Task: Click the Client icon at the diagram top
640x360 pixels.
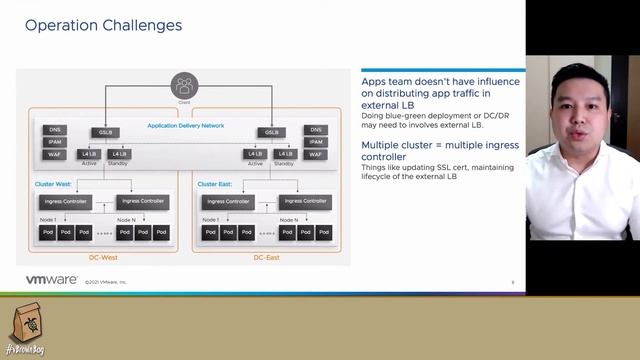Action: pos(184,86)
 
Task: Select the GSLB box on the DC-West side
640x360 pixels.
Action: pos(105,132)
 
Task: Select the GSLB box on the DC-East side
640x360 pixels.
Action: pos(270,132)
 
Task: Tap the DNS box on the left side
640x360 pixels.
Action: pos(55,130)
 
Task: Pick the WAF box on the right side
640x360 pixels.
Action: pos(316,155)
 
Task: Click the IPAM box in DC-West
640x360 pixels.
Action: pos(55,143)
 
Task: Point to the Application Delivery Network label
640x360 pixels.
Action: pos(185,125)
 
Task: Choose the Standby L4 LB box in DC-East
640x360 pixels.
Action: pos(283,154)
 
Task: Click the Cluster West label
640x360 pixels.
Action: pos(51,184)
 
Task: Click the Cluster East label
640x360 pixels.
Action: pos(214,184)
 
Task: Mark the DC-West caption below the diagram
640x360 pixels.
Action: pos(105,256)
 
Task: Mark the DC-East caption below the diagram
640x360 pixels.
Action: pos(268,256)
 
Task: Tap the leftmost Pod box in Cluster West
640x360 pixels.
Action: pos(46,232)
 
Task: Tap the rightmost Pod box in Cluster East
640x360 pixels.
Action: pos(322,232)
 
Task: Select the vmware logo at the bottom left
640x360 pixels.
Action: pos(51,281)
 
